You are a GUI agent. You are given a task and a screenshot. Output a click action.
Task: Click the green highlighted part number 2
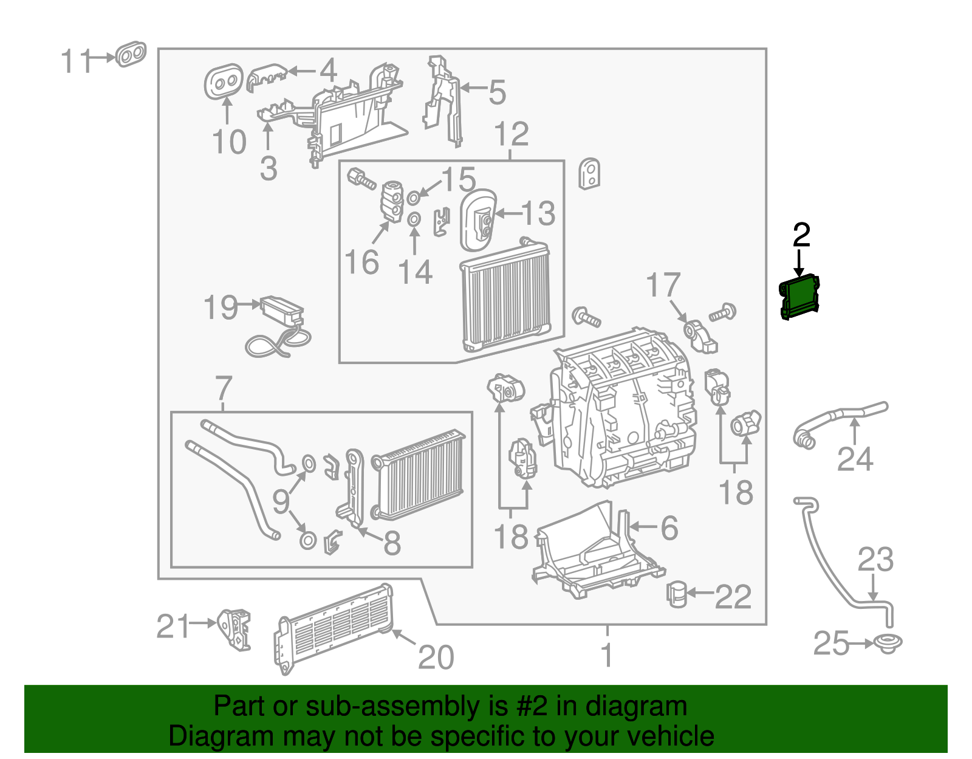[799, 297]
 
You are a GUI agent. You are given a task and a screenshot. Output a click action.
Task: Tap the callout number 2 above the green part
[801, 235]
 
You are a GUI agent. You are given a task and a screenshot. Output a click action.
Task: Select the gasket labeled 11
[131, 55]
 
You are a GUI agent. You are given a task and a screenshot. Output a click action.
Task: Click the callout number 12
[511, 134]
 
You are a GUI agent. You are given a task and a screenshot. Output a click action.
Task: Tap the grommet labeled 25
[888, 643]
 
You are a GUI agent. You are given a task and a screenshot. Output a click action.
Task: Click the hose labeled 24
[838, 419]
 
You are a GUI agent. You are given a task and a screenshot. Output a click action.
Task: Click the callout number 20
[436, 658]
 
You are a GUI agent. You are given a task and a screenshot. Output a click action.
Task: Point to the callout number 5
[497, 92]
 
